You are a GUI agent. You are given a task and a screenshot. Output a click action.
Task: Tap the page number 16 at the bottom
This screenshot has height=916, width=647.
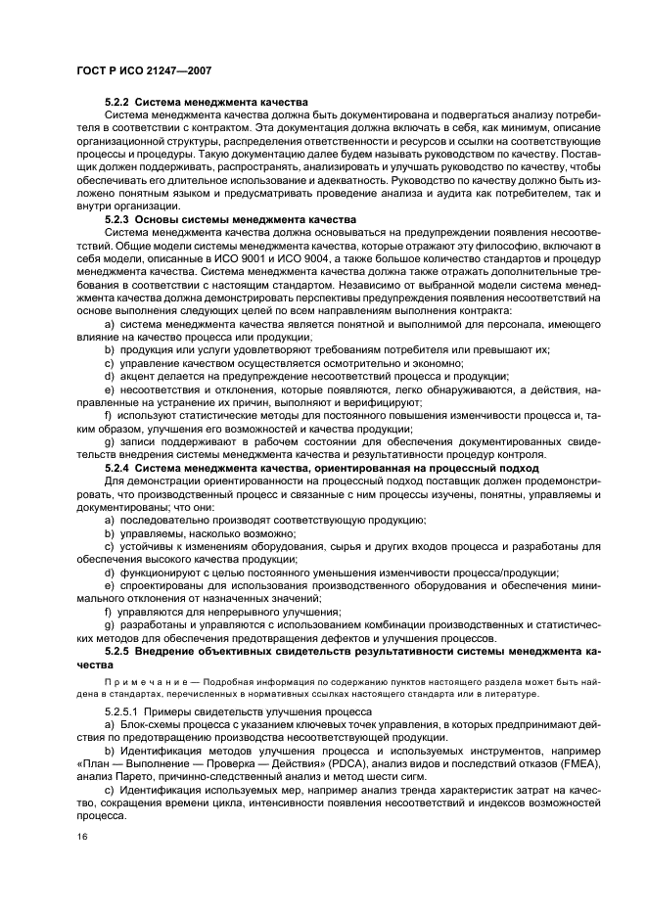(83, 836)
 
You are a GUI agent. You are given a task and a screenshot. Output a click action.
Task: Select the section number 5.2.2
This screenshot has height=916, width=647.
(116, 102)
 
